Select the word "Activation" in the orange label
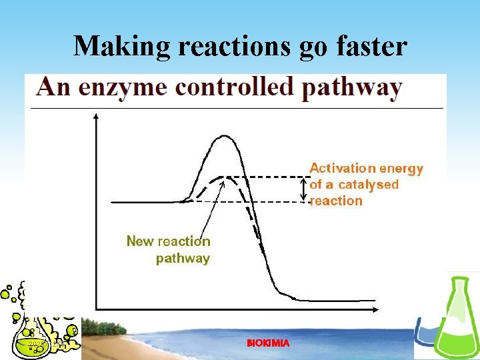click(x=341, y=169)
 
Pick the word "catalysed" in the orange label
click(x=368, y=185)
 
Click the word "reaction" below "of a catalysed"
click(x=336, y=201)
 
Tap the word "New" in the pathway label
click(x=140, y=241)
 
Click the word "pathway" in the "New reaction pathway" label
click(x=183, y=258)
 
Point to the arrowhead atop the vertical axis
click(x=97, y=116)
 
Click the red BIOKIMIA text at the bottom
click(x=268, y=343)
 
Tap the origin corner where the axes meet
click(x=97, y=308)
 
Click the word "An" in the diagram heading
click(x=54, y=87)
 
